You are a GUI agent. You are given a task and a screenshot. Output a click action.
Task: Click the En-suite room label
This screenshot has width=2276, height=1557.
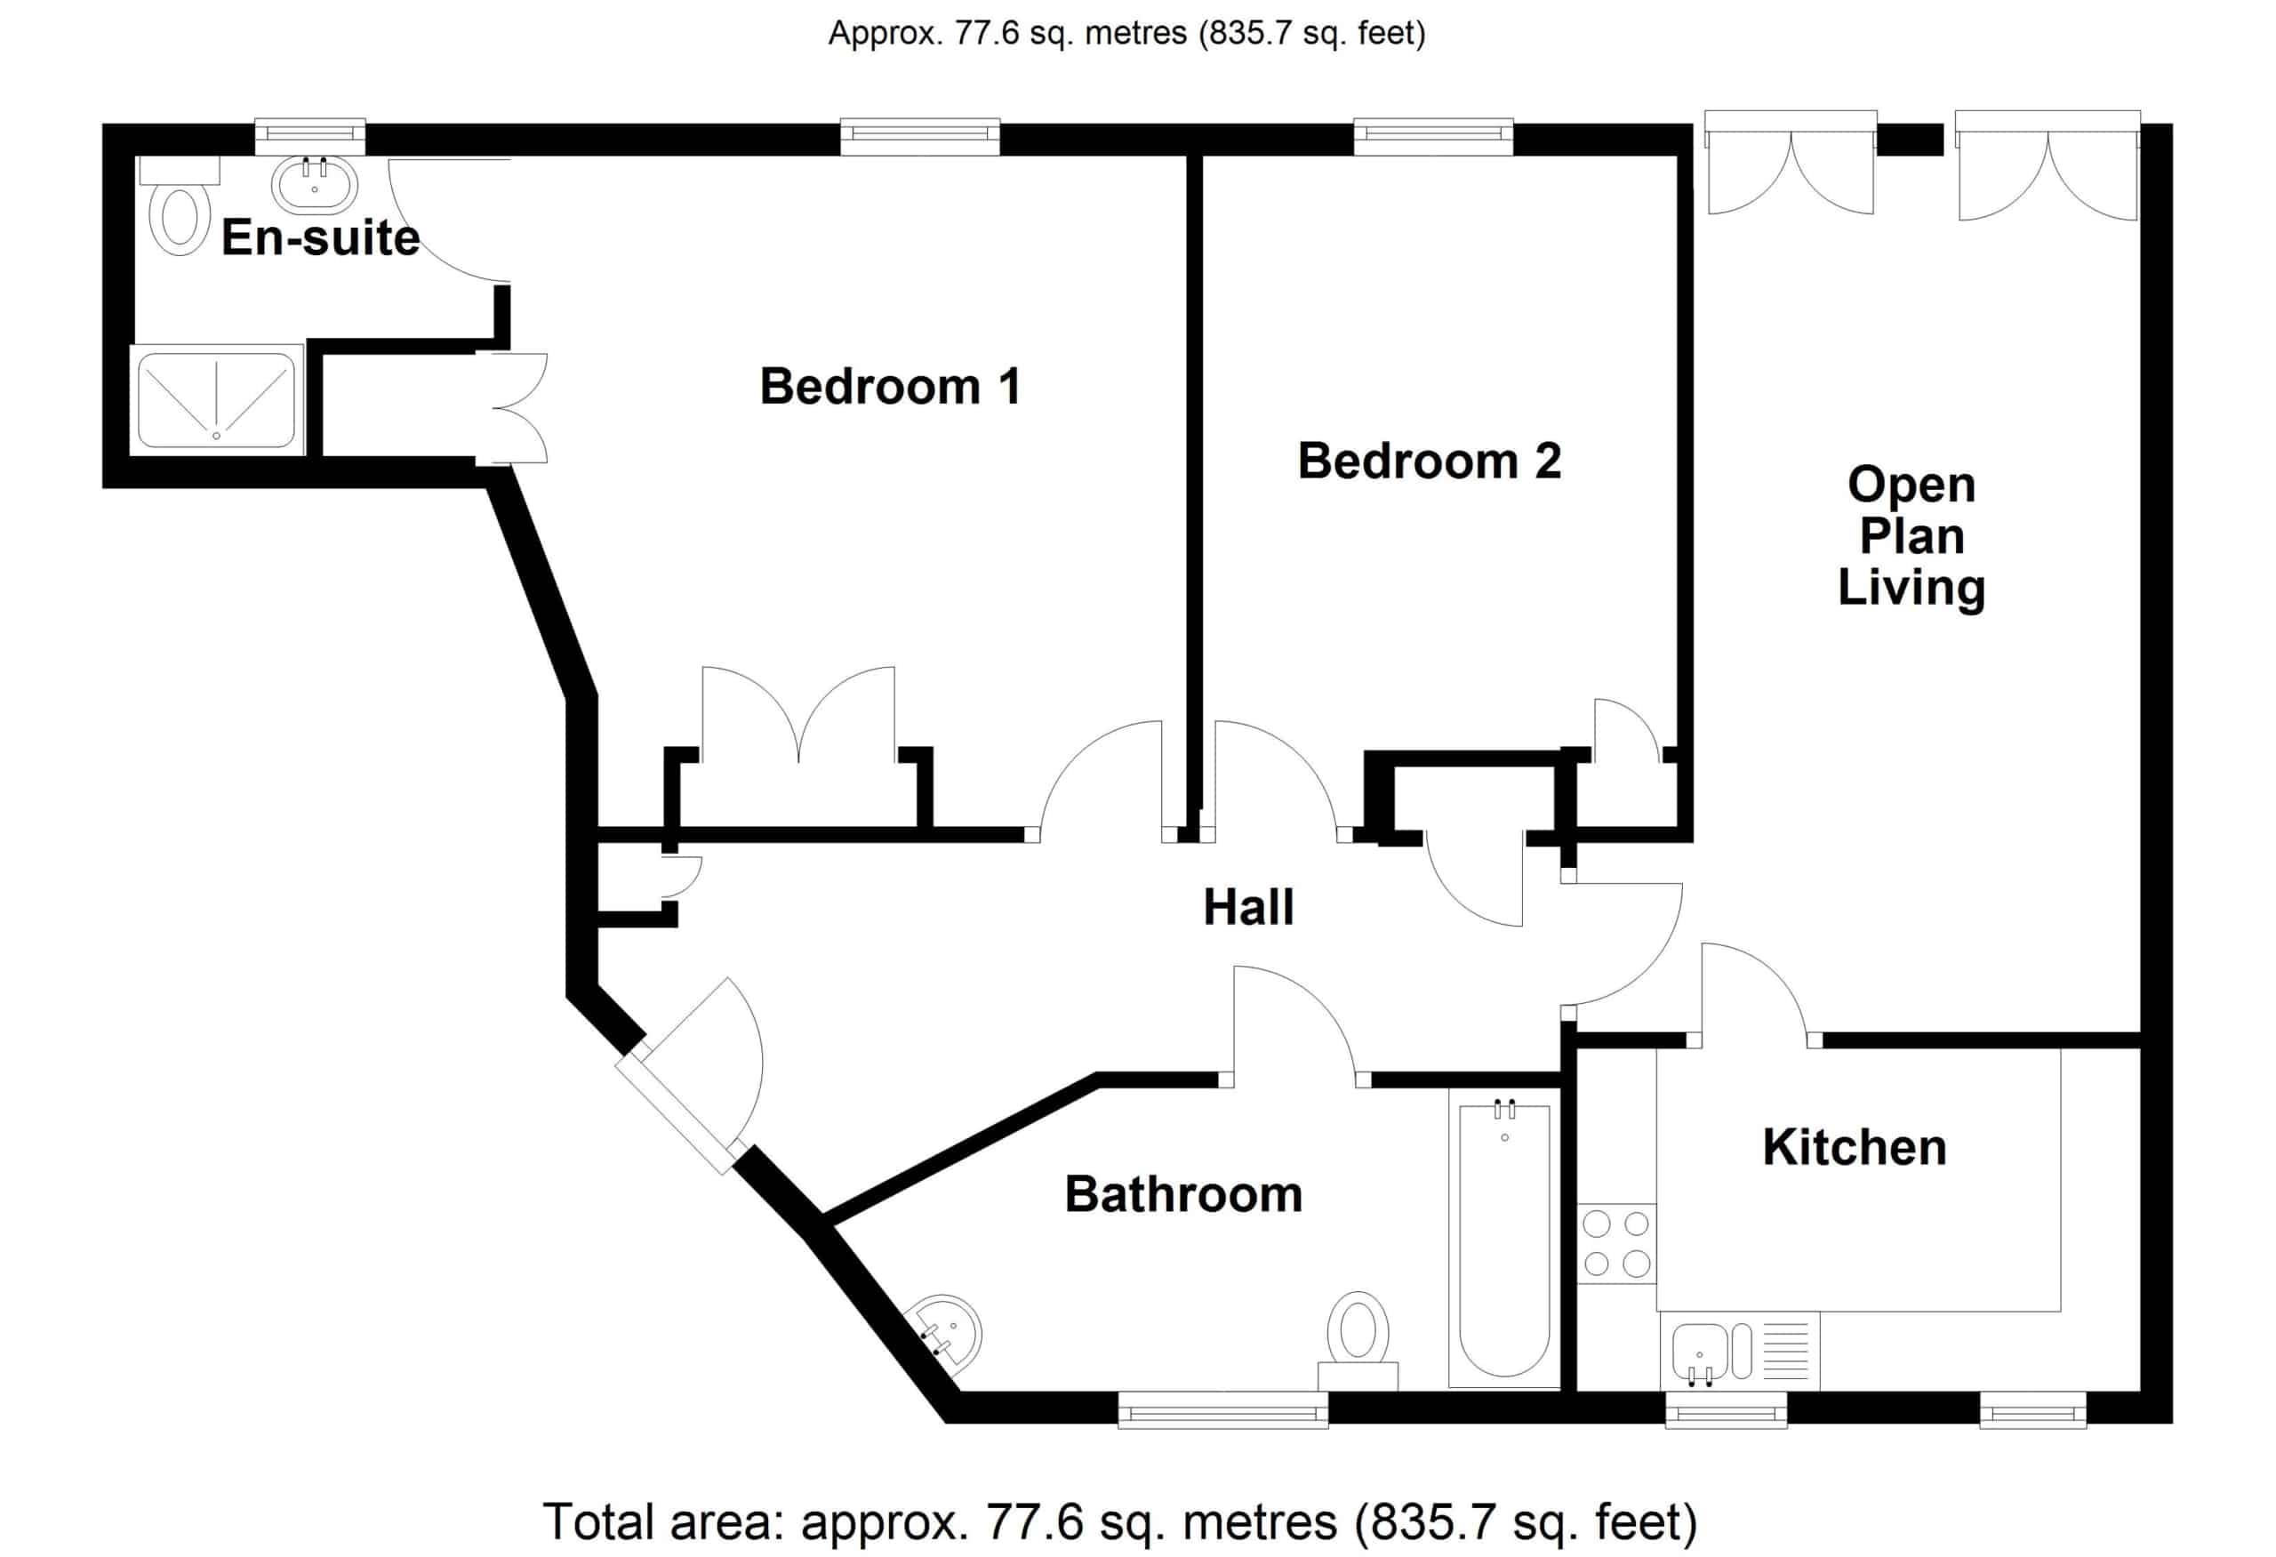click(320, 238)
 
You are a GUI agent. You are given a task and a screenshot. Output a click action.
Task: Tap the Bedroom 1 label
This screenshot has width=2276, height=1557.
click(890, 386)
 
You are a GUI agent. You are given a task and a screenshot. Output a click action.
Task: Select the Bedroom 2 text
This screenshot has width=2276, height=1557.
click(1429, 461)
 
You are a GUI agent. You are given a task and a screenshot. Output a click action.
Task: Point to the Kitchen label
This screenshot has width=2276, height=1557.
click(1854, 1147)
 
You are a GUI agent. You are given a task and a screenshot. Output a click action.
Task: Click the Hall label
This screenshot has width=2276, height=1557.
click(1248, 907)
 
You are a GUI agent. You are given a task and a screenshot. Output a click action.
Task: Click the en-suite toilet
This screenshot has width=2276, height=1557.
click(180, 206)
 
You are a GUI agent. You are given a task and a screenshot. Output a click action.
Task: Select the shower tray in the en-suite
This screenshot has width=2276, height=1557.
click(215, 399)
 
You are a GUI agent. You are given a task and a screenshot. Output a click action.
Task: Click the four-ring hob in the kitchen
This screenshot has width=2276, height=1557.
click(1617, 1244)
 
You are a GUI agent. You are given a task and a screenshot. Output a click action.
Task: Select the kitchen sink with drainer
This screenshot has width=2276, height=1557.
click(1740, 1352)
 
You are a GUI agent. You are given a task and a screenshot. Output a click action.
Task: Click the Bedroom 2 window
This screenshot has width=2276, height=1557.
click(1434, 137)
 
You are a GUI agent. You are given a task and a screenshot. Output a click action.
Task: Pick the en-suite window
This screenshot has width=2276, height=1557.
click(310, 137)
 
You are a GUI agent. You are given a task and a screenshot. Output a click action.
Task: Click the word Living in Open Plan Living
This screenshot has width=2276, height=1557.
click(1911, 589)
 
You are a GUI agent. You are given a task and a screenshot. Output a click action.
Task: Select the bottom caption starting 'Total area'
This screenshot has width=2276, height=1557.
click(1119, 1521)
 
